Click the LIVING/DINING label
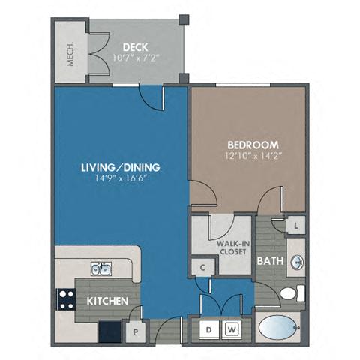[121, 166]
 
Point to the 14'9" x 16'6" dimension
[121, 180]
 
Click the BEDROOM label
[253, 145]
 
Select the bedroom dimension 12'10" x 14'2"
[253, 157]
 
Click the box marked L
[296, 225]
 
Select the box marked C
[202, 265]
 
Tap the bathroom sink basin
[297, 262]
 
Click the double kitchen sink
[101, 269]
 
